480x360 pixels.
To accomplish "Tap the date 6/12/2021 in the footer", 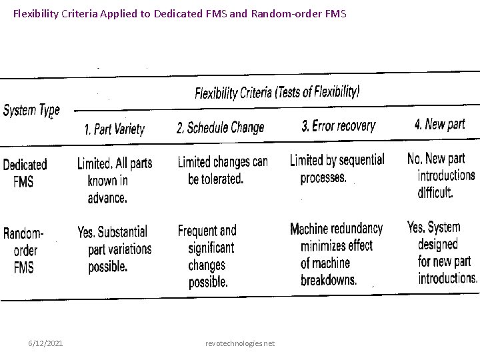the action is point(46,343).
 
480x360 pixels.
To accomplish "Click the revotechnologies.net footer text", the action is point(240,343).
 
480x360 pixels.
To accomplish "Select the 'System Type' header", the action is point(31,111).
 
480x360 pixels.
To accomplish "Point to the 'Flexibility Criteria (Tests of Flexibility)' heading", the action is point(277,93).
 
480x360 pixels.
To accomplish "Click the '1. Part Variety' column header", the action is point(114,129).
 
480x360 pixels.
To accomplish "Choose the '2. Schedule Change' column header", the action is point(220,127).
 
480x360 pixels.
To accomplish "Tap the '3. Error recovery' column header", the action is point(338,125).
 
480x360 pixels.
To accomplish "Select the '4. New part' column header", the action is point(439,124).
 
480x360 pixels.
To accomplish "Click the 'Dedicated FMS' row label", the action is point(25,172).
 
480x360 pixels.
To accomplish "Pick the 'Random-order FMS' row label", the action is point(24,251).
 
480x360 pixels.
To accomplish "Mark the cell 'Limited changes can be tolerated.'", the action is point(223,170).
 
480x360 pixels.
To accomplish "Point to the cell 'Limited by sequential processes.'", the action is point(336,169).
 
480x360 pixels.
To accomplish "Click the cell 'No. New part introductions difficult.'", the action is point(441,175).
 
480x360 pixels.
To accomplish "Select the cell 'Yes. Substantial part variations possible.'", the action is point(113,249).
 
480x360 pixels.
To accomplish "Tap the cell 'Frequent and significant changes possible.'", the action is point(208,256).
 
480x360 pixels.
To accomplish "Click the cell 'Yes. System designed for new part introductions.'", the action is point(442,253).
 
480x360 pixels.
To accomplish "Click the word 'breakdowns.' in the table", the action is point(328,280).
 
